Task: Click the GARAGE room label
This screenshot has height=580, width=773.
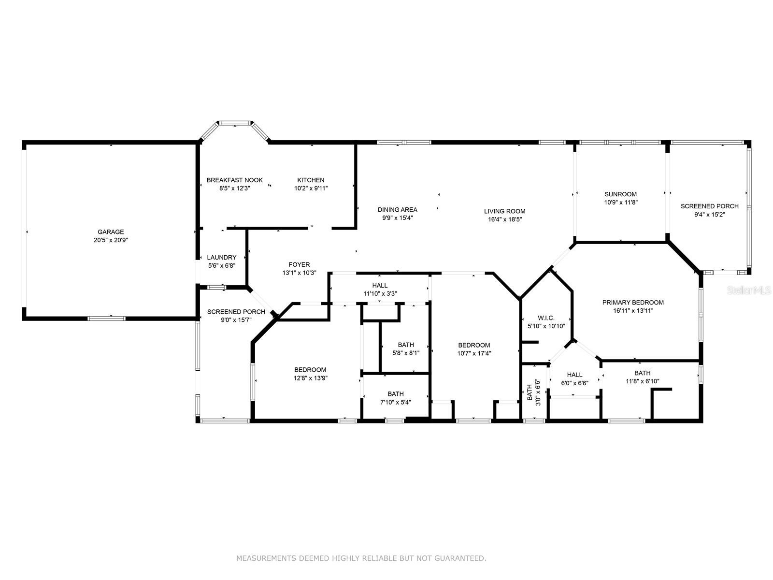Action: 111,232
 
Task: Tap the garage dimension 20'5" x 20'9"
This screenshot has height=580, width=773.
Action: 111,240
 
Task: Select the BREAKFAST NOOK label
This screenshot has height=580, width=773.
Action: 234,180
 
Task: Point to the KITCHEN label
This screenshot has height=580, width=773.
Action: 311,180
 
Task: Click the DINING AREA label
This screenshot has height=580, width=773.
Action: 397,210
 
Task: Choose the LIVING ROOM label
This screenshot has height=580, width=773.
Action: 505,211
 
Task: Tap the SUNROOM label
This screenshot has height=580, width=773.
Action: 620,194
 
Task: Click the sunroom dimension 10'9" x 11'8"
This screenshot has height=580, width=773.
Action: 621,203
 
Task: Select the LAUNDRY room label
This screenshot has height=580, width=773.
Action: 221,258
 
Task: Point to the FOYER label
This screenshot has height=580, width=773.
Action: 299,264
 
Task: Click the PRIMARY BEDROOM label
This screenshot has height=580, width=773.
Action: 633,303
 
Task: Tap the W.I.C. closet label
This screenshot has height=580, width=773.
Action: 546,318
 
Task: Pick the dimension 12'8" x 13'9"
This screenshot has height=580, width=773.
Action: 311,378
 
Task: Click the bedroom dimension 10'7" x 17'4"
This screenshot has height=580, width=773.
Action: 474,354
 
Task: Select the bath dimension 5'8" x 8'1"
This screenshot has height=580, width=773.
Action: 406,353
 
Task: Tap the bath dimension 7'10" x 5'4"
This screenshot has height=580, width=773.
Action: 396,402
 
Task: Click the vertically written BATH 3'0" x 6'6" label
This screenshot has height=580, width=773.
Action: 533,392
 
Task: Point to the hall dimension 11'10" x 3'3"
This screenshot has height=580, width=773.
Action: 380,294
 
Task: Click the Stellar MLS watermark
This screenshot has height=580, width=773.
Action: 749,290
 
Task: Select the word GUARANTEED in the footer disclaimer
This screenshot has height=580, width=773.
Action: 460,558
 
